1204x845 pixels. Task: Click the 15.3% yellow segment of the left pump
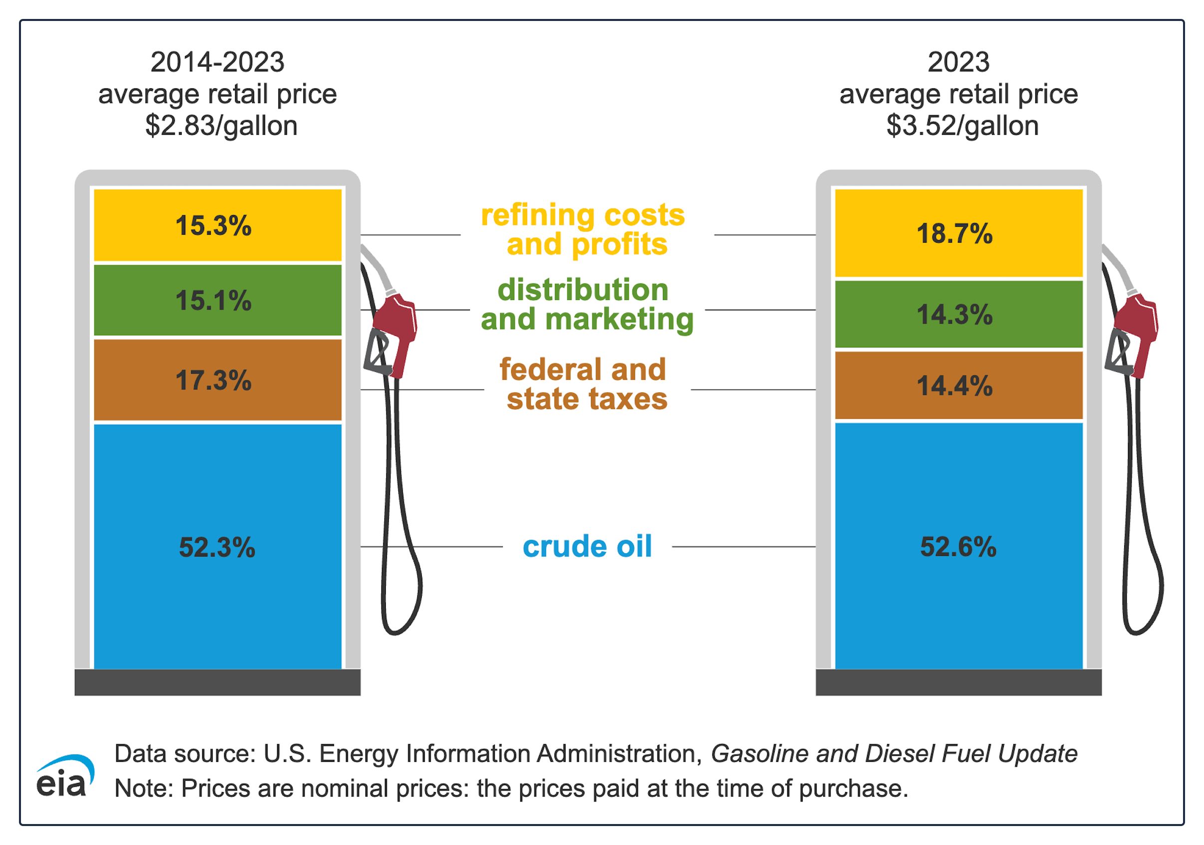218,225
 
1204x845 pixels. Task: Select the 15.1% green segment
218,300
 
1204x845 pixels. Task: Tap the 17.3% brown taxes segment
218,380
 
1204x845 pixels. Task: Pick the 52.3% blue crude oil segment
218,547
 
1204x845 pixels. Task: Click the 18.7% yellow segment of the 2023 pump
958,233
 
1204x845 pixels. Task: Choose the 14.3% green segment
958,314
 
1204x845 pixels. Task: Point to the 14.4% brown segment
958,385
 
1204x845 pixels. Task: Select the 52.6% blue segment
958,546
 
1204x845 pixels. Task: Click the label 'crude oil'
588,546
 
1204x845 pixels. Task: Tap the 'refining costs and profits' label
583,230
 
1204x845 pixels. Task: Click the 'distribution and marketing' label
588,305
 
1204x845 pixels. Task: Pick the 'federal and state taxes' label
583,384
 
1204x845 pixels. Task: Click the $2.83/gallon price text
221,126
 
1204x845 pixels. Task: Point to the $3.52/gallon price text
963,126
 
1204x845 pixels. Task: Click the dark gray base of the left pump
218,682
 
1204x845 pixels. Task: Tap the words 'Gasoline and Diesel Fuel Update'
894,754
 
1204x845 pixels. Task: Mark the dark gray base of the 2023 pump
958,682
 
